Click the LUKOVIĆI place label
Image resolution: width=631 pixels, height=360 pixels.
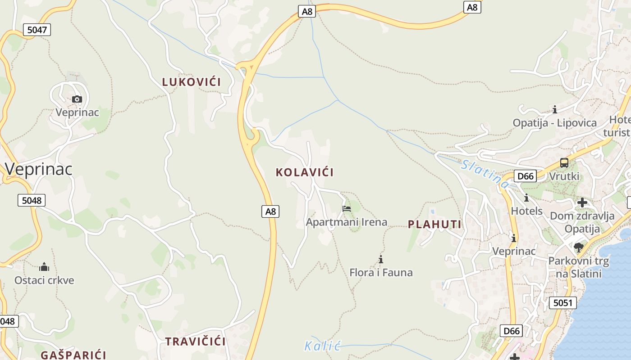tap(192, 82)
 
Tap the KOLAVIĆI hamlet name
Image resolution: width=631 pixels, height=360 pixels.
tap(305, 172)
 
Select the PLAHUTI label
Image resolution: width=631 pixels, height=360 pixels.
tap(434, 225)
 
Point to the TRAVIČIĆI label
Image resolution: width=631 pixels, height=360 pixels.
tap(195, 341)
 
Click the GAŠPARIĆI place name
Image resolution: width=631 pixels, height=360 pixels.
tap(73, 355)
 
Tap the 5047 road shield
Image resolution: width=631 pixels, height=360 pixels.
tap(37, 30)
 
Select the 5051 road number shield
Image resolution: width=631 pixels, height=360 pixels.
tap(563, 303)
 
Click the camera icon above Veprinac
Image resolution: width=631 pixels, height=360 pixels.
tap(77, 99)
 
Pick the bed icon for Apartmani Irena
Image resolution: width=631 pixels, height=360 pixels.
tap(347, 208)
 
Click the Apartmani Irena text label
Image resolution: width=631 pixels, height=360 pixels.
tap(347, 222)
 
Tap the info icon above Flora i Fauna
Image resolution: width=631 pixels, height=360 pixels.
tap(381, 259)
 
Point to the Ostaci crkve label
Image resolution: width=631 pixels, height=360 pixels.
tap(44, 280)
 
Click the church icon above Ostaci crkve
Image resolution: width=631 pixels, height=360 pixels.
tap(44, 267)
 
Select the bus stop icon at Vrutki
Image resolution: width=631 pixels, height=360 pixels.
tap(564, 163)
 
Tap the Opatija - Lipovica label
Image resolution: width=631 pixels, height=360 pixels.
tap(554, 123)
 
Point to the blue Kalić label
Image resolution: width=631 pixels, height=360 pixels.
tap(322, 346)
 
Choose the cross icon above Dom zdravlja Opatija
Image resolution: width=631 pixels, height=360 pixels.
tap(582, 202)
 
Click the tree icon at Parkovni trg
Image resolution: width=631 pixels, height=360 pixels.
tap(578, 247)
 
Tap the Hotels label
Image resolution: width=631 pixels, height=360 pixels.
tap(526, 211)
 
